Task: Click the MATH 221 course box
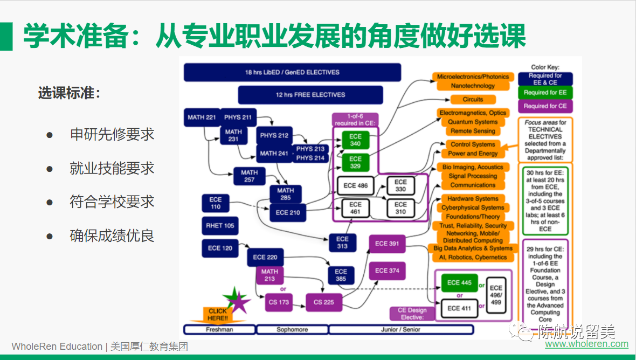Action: (202, 117)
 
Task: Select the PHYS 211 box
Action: (238, 117)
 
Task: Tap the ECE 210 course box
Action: (288, 212)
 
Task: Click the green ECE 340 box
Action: (355, 140)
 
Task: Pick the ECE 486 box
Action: (355, 185)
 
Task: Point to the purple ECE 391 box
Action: (387, 244)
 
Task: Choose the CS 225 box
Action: (324, 302)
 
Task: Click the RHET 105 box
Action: (220, 226)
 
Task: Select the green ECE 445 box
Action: (459, 282)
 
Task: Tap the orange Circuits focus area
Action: (473, 100)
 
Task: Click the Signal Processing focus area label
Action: (473, 176)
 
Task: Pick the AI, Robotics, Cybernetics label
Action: (473, 257)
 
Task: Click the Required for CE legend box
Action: (545, 106)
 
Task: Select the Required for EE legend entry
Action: (545, 93)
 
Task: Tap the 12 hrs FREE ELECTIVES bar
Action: (310, 95)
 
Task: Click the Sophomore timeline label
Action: (292, 329)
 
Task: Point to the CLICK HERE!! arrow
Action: (218, 314)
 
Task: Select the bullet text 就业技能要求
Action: (112, 168)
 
